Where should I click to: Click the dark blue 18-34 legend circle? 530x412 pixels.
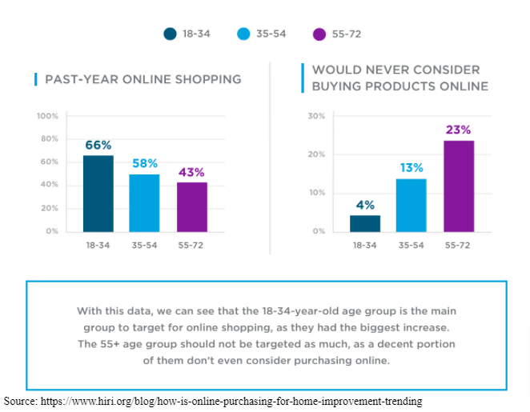point(170,34)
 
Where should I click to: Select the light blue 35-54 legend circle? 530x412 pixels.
point(243,34)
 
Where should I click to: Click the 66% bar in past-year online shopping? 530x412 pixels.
point(98,194)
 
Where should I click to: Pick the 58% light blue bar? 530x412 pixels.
point(145,203)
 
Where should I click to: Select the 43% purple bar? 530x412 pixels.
point(192,207)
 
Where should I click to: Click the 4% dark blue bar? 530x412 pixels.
point(365,223)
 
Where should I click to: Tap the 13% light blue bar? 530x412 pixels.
point(412,205)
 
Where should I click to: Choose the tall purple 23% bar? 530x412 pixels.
point(459,186)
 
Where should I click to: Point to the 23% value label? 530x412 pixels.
point(459,130)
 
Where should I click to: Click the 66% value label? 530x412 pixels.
point(98,145)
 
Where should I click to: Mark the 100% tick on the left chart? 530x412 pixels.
point(47,116)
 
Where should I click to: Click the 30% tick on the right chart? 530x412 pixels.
point(317,116)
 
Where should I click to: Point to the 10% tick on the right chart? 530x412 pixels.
point(317,193)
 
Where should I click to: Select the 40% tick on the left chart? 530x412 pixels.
point(49,185)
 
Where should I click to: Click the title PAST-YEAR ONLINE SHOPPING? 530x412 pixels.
point(143,79)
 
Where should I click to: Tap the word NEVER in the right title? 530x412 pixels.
point(377,70)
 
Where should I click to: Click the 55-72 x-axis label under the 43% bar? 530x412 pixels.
point(192,245)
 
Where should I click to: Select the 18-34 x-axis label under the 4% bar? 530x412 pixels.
point(365,245)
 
